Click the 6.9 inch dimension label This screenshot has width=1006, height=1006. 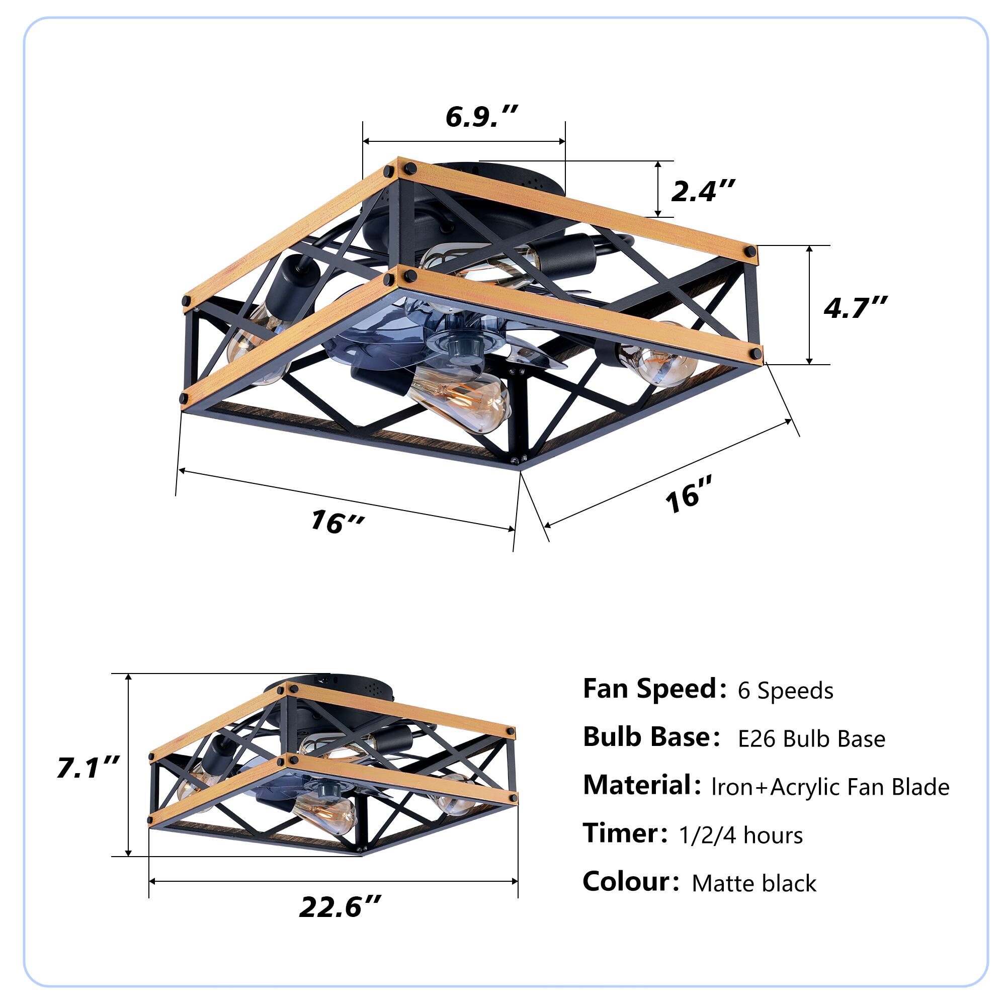point(482,116)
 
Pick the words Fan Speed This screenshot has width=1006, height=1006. point(650,689)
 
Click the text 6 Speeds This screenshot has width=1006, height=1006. point(785,691)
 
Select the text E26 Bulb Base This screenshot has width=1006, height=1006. point(811,739)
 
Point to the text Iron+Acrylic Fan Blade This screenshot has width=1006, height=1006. point(830,787)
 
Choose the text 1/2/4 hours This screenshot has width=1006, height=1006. point(741,835)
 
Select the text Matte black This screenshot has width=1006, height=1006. point(754,884)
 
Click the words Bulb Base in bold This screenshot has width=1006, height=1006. point(646,737)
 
